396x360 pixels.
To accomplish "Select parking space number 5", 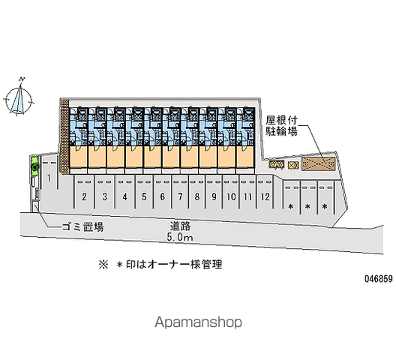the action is tap(144, 196).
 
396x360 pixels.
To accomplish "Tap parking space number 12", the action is tap(265, 196).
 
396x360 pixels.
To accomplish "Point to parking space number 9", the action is tap(214, 196).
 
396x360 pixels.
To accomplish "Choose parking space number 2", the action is tap(84, 196).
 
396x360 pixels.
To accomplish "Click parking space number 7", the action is tap(180, 196).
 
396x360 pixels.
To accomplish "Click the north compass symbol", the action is tap(19, 97).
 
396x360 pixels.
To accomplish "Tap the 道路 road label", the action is tap(180, 226).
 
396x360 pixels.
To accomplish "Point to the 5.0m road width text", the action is tap(179, 237).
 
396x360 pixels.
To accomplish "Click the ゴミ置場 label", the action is tap(82, 226).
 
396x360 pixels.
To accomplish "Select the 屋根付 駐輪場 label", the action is tap(281, 126).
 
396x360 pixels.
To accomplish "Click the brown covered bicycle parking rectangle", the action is tap(319, 163).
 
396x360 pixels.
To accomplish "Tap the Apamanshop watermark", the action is tap(198, 322).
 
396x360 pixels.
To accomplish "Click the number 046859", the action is tap(378, 279).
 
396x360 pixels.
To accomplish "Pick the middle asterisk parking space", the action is tap(307, 197).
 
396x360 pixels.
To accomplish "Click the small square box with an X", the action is tap(293, 165).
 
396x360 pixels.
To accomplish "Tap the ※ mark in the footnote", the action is tap(103, 265).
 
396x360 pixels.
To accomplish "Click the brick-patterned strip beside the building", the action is tap(65, 136).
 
